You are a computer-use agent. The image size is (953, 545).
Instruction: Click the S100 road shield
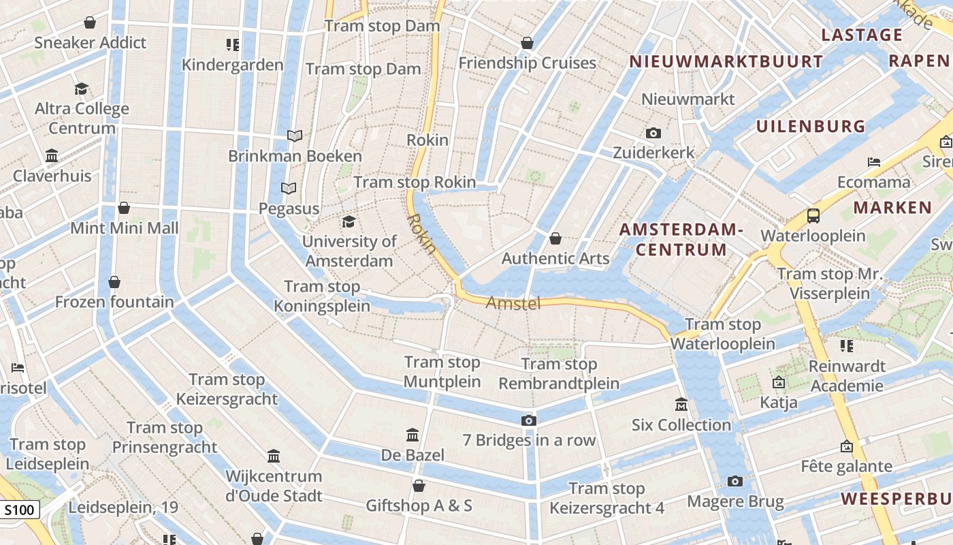tap(20, 510)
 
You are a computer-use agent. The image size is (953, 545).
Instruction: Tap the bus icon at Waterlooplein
tap(813, 216)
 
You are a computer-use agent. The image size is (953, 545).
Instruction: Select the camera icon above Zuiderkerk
tap(653, 133)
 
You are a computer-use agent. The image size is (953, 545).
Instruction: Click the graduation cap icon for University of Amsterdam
tap(349, 221)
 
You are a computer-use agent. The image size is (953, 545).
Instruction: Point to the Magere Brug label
tap(735, 502)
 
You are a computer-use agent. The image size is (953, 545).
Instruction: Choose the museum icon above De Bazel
tap(413, 435)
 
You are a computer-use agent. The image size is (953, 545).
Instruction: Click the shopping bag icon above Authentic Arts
tap(555, 238)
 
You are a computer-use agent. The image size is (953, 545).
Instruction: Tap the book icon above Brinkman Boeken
tap(295, 136)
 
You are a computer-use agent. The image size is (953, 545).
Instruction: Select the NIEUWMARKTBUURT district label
tap(726, 61)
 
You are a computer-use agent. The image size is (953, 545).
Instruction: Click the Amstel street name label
tap(513, 303)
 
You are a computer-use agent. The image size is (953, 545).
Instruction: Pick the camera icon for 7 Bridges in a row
tap(528, 420)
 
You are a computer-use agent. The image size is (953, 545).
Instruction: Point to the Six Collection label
tap(681, 425)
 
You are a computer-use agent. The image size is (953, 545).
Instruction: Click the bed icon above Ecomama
tap(874, 162)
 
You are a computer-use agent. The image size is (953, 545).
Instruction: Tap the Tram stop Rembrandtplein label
tap(559, 374)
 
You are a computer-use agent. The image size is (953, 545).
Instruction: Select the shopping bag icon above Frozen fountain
tap(114, 282)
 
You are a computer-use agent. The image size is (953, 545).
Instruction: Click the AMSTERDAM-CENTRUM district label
tap(681, 239)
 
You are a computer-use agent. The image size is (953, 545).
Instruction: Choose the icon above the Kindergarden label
tap(233, 45)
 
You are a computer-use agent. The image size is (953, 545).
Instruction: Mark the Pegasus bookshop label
tap(289, 208)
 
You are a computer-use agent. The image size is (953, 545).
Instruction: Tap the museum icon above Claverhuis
tap(52, 155)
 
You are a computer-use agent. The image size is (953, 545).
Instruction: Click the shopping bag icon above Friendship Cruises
tap(527, 43)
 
